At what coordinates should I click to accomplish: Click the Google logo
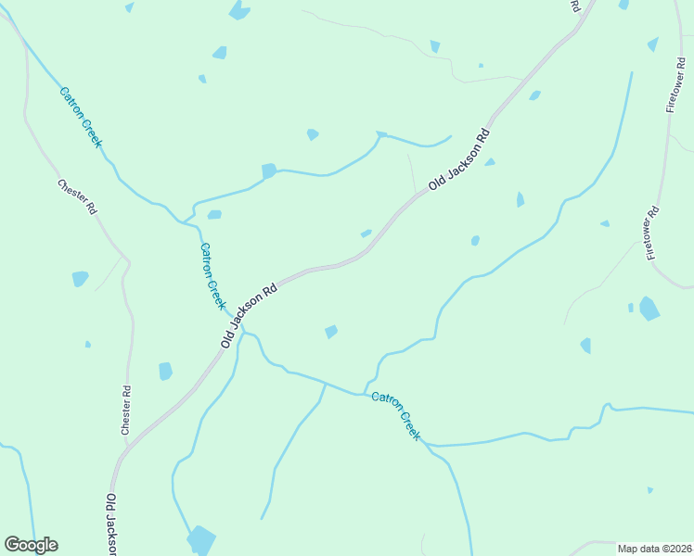click(x=31, y=545)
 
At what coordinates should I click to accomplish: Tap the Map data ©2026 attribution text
click(x=655, y=549)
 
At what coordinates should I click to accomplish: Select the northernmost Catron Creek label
click(x=81, y=117)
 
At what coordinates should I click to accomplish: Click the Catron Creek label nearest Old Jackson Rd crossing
click(x=213, y=276)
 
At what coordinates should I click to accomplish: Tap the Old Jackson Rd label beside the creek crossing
click(x=251, y=315)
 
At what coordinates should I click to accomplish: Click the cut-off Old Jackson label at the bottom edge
click(x=110, y=524)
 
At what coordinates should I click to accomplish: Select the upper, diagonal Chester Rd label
click(x=77, y=196)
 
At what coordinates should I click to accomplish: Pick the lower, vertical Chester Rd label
click(x=126, y=411)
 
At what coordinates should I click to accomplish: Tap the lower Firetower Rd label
click(x=652, y=232)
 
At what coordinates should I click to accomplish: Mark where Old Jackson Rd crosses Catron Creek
click(x=231, y=315)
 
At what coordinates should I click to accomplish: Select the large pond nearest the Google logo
click(x=200, y=539)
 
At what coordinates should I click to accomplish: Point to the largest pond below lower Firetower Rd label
click(x=649, y=309)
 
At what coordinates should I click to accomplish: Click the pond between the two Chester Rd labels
click(x=80, y=278)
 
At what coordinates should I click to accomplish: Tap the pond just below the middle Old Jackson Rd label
click(x=331, y=331)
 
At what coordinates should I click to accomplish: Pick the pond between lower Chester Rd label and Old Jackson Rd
click(x=165, y=372)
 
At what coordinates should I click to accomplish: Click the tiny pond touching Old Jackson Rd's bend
click(x=366, y=234)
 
